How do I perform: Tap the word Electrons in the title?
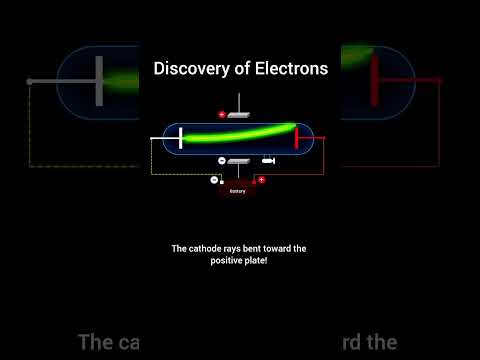tap(290, 69)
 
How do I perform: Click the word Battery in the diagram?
tap(237, 191)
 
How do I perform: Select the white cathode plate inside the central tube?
tap(180, 137)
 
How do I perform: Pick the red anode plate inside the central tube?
tap(297, 137)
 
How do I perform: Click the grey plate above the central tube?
tap(239, 115)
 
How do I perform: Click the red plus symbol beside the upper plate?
tap(222, 115)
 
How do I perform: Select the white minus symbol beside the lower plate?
tap(221, 161)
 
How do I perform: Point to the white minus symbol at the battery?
tap(214, 180)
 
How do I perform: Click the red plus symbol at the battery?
tap(261, 180)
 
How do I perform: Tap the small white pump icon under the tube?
tap(268, 161)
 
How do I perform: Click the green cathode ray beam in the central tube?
tap(240, 134)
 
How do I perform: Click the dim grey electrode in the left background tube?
tap(99, 80)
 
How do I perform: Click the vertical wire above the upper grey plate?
tap(239, 103)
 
